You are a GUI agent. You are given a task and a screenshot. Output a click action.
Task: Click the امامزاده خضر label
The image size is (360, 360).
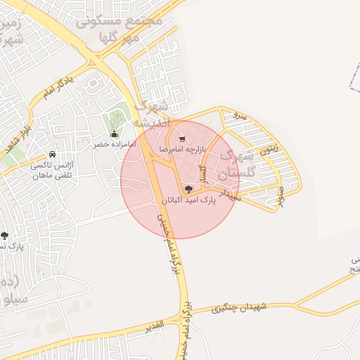click(x=113, y=144)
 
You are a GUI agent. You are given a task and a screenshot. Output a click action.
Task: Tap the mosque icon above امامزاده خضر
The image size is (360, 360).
click(x=114, y=134)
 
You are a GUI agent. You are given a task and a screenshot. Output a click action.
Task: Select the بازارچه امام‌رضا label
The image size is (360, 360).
click(x=182, y=150)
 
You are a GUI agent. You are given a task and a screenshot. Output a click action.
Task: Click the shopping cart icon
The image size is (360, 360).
click(x=182, y=139)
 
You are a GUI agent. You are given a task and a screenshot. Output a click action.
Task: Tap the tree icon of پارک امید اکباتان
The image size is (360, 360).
click(x=188, y=189)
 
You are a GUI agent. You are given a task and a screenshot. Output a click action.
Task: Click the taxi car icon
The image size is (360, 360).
click(x=52, y=155)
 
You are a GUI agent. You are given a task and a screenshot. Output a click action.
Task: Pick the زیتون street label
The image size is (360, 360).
click(x=268, y=148)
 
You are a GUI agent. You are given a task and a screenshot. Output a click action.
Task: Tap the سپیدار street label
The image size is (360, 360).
click(x=231, y=191)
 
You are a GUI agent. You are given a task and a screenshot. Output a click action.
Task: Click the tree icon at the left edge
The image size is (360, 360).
click(x=4, y=236)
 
